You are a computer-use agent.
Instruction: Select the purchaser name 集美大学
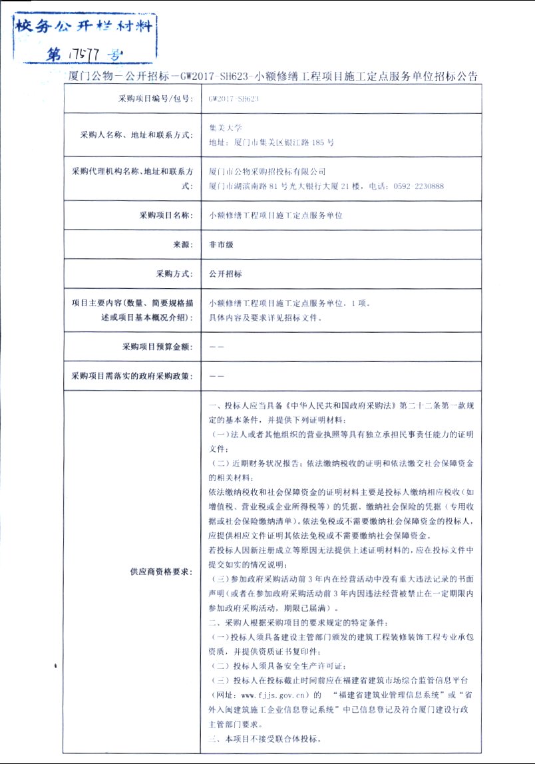(226, 127)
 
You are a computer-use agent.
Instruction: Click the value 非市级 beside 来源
(221, 244)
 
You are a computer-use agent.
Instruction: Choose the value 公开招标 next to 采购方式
(225, 274)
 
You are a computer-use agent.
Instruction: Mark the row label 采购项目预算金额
(156, 347)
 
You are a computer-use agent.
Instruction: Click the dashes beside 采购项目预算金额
(216, 347)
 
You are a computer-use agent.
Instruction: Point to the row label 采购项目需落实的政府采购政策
(132, 376)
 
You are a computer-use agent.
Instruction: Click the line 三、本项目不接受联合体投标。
(264, 739)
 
